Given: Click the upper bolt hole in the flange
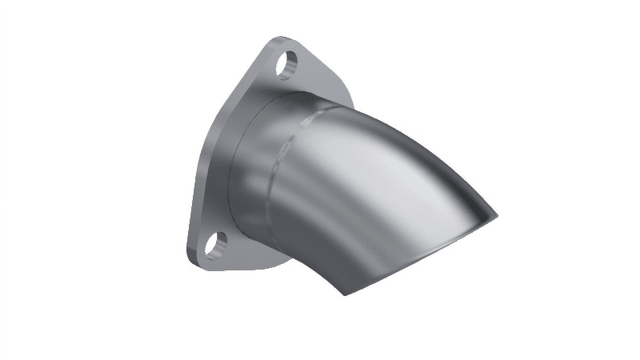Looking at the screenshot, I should click(288, 64).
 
